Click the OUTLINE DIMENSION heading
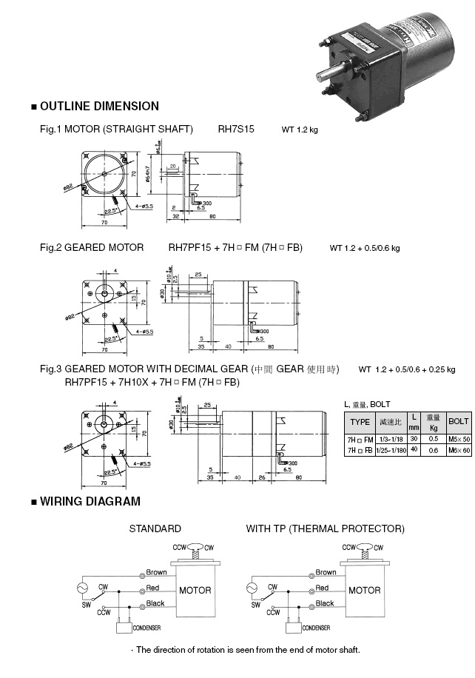click(x=99, y=106)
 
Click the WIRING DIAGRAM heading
click(x=90, y=501)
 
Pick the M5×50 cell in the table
click(x=459, y=440)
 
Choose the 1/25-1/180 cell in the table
click(x=391, y=450)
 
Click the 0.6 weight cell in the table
click(x=434, y=450)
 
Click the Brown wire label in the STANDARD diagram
click(x=156, y=572)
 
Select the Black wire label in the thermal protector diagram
click(x=325, y=603)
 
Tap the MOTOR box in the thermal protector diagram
click(x=364, y=590)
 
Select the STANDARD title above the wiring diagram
click(x=155, y=528)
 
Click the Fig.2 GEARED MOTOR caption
click(x=92, y=247)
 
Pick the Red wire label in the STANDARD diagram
click(x=153, y=588)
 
